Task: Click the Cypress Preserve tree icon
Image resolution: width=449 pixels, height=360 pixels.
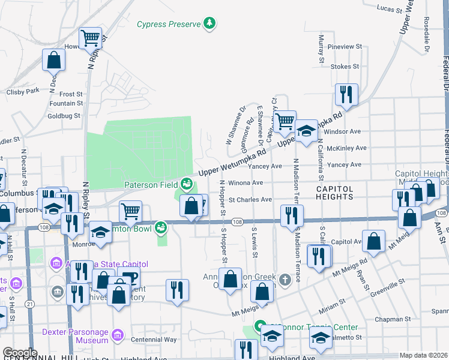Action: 209,24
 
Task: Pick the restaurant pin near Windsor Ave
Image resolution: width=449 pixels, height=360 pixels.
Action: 346,94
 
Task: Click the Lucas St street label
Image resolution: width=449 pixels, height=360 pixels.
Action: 389,9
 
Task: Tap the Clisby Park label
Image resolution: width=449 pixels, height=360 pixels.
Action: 22,91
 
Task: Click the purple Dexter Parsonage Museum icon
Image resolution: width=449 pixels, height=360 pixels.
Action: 118,332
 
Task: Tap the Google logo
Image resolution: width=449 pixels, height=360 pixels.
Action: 20,353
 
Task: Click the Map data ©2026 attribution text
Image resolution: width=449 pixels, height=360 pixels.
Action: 423,355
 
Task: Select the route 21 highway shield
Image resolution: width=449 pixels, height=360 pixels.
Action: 29,305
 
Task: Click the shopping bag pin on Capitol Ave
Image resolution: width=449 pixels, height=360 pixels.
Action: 373,242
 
